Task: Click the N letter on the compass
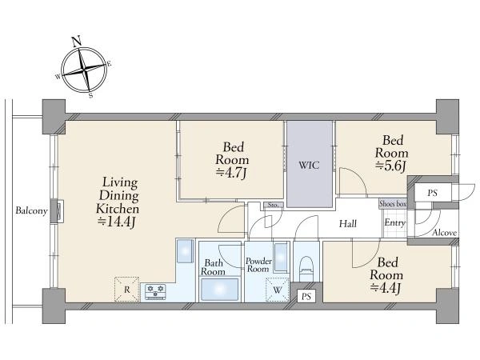coord(77,42)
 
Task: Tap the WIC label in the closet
coord(309,166)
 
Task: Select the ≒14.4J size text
coord(116,222)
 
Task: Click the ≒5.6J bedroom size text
coord(391,166)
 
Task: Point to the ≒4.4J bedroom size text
coord(386,288)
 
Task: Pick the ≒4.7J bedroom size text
coord(231,174)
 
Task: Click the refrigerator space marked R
coord(126,290)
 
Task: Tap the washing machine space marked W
coord(277,290)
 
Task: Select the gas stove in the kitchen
coord(155,292)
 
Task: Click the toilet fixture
coord(306,269)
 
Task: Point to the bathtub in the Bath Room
coord(219,290)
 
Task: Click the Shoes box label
coord(393,203)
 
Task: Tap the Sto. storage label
coord(273,205)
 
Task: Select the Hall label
coord(348,224)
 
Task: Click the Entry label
coord(394,223)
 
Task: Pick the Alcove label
coord(445,233)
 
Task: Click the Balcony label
coord(31,211)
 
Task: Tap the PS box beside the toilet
coord(306,296)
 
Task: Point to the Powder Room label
coord(258,265)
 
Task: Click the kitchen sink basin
coord(186,250)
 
